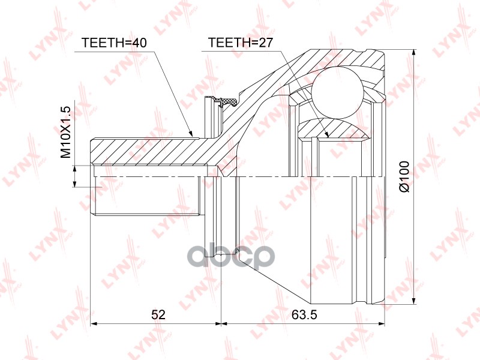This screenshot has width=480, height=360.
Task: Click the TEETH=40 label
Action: [114, 43]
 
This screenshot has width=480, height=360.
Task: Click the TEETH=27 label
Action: [240, 43]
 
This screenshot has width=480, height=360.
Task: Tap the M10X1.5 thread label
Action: [66, 132]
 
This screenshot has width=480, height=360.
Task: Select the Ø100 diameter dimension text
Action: [404, 176]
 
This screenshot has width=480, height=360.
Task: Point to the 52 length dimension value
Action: [158, 314]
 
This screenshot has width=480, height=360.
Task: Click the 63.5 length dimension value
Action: [304, 314]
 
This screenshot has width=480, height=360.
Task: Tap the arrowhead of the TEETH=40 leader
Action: [191, 133]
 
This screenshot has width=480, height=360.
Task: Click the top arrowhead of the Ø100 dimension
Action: [414, 53]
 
